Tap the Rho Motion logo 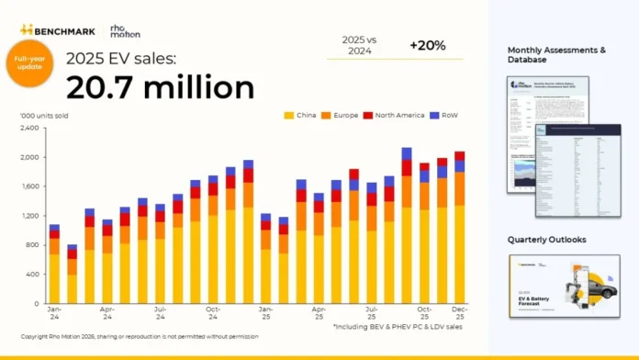click(125, 29)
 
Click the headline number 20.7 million click(160, 87)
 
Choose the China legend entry click(301, 116)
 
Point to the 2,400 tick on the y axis click(30, 128)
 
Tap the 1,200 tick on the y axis click(30, 216)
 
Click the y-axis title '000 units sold click(44, 116)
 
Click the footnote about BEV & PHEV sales click(398, 326)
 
